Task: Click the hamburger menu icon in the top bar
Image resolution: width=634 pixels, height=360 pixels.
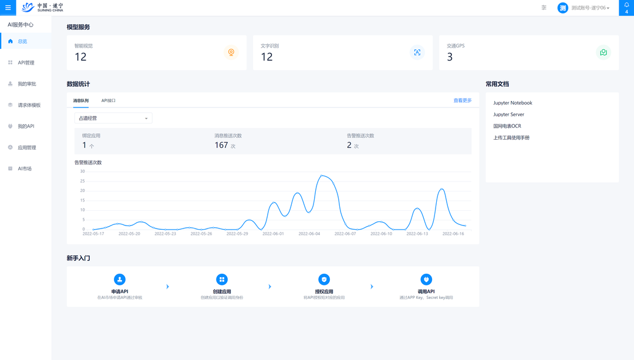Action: pos(8,8)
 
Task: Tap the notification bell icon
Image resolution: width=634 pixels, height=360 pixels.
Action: pos(626,5)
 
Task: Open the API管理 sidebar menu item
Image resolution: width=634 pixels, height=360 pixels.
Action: pos(26,63)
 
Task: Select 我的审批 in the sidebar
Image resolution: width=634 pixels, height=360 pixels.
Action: pos(26,84)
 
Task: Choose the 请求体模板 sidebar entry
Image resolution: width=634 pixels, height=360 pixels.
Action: pos(29,105)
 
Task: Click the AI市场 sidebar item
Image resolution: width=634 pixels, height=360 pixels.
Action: pos(25,169)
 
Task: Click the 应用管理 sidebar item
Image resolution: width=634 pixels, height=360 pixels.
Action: pos(27,147)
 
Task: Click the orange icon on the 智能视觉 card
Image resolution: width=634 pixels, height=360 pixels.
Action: pos(231,52)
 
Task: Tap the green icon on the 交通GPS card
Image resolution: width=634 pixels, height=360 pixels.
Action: pos(603,52)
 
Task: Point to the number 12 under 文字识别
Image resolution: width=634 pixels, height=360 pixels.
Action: pos(267,57)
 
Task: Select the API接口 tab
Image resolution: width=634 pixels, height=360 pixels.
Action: pos(109,100)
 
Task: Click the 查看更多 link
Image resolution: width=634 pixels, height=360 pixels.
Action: pos(463,100)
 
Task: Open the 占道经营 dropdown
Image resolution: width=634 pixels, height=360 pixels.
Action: pos(113,118)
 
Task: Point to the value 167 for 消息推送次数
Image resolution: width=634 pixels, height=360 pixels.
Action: pos(221,145)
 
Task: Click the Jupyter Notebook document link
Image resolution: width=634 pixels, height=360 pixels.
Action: pos(512,103)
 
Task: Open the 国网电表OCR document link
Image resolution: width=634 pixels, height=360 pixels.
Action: pos(507,126)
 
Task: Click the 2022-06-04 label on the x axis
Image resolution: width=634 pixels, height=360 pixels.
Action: pos(309,234)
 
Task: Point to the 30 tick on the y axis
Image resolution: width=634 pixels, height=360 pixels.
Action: pos(83,171)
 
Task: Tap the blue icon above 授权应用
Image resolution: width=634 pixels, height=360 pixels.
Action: pos(324,280)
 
